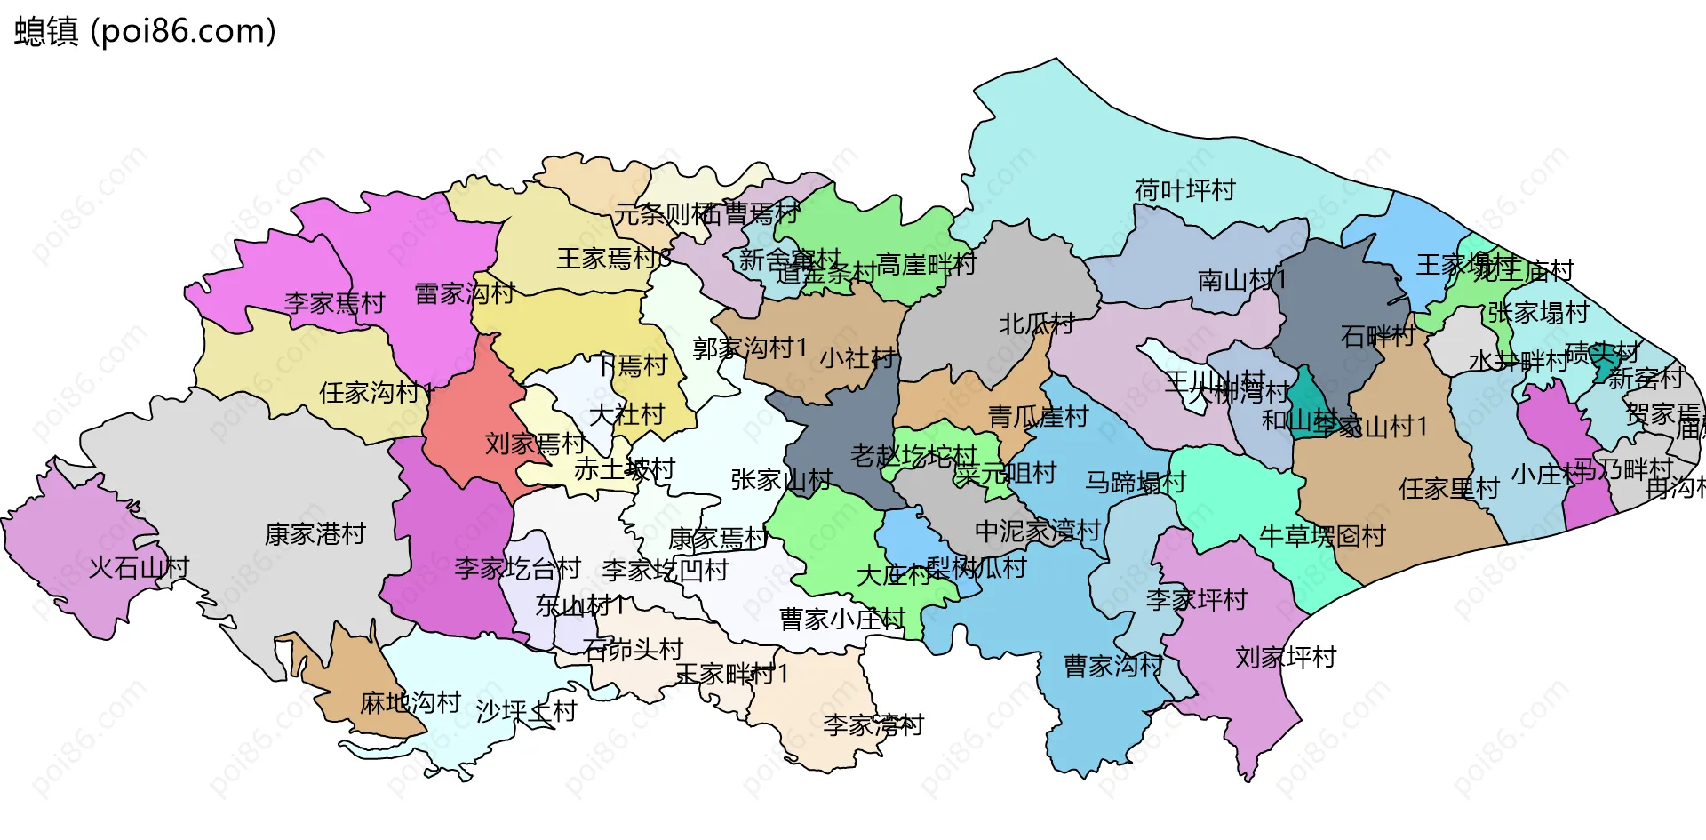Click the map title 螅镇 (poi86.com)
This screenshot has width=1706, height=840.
click(145, 32)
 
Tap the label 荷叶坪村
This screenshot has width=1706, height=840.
click(1184, 190)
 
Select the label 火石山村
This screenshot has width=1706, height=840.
click(139, 567)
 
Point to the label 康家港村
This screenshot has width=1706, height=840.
click(315, 534)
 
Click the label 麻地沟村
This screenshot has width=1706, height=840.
click(410, 703)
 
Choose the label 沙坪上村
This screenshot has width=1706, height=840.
click(526, 711)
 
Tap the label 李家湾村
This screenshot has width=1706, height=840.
click(873, 725)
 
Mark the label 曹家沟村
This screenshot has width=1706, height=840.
click(1113, 666)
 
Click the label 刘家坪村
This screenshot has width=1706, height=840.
click(1286, 658)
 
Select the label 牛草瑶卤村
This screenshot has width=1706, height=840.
click(1322, 536)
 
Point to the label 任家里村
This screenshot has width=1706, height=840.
click(1448, 489)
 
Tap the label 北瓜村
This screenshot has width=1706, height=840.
click(1036, 324)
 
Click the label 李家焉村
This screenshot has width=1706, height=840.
click(334, 303)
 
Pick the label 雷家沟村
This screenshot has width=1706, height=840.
click(464, 293)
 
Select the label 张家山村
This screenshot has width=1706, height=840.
click(781, 480)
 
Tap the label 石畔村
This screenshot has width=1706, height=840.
click(1377, 336)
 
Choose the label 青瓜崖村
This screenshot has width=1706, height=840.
click(1038, 416)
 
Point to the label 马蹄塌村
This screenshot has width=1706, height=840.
click(1135, 483)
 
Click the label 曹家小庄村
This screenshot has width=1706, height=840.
click(841, 620)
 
